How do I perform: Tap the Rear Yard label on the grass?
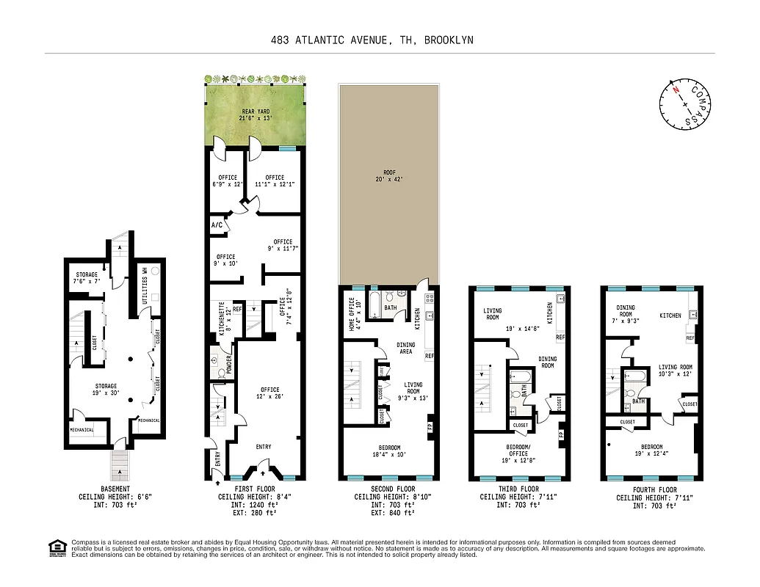(x=256, y=114)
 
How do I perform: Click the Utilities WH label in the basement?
(x=144, y=283)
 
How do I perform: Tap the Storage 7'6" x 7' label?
(x=87, y=278)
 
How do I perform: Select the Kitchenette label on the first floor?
(x=222, y=321)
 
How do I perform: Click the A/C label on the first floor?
(x=217, y=225)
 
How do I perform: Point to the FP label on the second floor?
(x=431, y=426)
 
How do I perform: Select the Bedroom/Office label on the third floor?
(x=518, y=451)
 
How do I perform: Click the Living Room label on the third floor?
(x=492, y=314)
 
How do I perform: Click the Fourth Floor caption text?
(x=654, y=489)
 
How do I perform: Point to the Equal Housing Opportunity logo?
(x=56, y=547)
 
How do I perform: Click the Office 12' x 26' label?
(x=269, y=393)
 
